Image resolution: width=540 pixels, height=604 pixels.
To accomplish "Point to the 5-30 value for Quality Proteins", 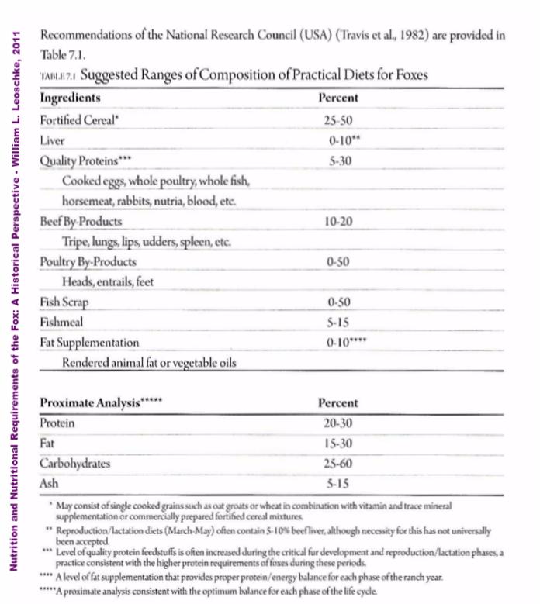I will (x=338, y=161).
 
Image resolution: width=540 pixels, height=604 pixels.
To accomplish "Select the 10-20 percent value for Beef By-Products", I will (x=338, y=221).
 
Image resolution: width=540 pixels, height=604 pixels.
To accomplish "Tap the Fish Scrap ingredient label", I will (x=65, y=302).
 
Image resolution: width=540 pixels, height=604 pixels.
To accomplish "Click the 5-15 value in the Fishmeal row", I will (x=338, y=322).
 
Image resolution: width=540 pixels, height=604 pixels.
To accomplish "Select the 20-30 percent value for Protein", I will (x=338, y=423).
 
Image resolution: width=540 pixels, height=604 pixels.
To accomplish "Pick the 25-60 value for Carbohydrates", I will (x=338, y=464).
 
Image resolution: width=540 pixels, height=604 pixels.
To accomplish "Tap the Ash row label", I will (x=49, y=484).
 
